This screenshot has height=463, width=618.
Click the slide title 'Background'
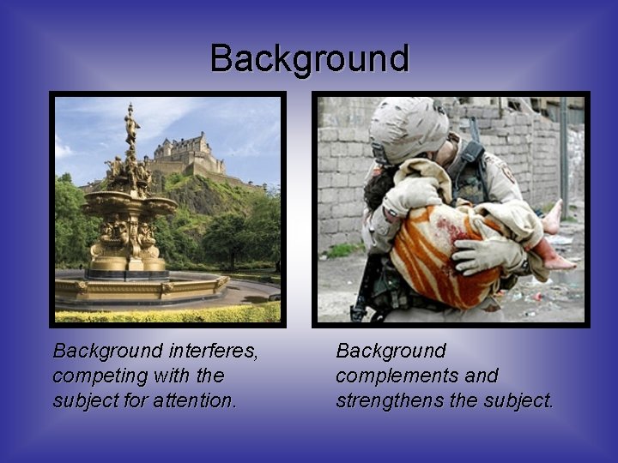pos(309,59)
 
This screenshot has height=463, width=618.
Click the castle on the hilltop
pos(191,154)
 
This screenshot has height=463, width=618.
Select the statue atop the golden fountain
pos(131,124)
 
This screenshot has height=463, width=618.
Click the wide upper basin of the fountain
pos(129,205)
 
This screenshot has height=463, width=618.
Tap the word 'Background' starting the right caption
pos(391,352)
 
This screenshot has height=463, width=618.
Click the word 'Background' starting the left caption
pos(107,352)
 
